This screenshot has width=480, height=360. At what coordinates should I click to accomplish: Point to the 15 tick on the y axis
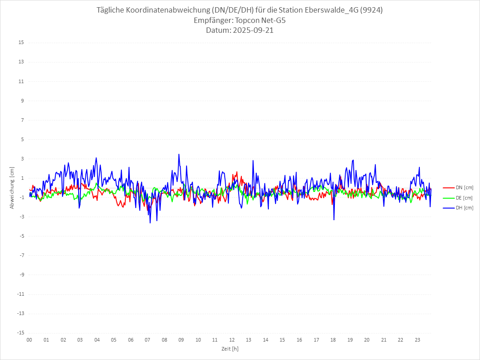coord(21,43)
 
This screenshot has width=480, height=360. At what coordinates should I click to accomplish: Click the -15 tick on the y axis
coord(20,333)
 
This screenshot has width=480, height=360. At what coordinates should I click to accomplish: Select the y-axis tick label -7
coord(21,255)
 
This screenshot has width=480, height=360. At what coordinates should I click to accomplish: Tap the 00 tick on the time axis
coord(29,340)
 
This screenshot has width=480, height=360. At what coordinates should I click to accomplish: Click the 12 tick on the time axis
coord(232,340)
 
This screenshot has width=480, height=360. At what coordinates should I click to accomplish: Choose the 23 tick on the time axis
coord(418,340)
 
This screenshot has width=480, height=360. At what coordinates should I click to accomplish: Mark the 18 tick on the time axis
coord(333,340)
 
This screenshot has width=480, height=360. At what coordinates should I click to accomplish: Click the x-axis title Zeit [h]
coord(230,349)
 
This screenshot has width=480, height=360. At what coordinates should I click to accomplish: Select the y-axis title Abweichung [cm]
coord(12,187)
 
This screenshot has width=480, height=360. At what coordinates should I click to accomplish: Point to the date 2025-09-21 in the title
coord(252,31)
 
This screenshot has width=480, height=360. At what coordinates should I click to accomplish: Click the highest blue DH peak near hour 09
coord(179,154)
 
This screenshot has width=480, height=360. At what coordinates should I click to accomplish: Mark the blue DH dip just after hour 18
coord(334,220)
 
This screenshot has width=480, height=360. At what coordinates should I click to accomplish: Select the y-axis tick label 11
coord(21,81)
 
